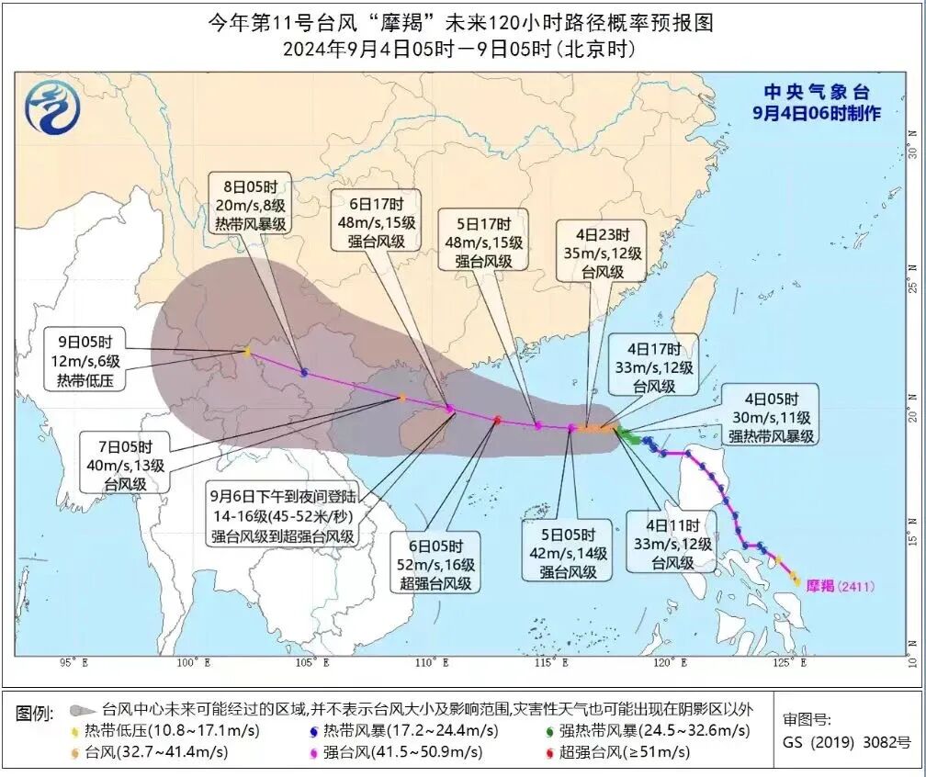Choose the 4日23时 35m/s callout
tap(603, 253)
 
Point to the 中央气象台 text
tap(817, 92)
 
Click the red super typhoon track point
tap(497, 420)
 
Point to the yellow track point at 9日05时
tap(246, 351)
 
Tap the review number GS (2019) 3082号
tap(846, 742)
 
